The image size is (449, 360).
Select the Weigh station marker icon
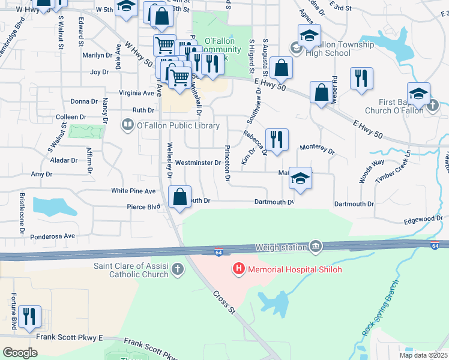tap(316, 247)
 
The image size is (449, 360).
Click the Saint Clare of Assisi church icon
tap(178, 269)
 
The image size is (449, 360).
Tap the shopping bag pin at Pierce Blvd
tap(180, 197)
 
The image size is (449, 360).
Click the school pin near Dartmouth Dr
tap(300, 178)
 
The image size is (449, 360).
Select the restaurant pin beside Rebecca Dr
tap(277, 140)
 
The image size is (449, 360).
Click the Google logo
tap(20, 352)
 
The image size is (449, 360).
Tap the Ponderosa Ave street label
tap(53, 237)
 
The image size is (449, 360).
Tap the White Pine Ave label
tap(133, 191)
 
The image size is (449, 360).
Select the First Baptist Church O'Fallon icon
tap(435, 106)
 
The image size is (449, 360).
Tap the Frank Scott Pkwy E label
tap(70, 337)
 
